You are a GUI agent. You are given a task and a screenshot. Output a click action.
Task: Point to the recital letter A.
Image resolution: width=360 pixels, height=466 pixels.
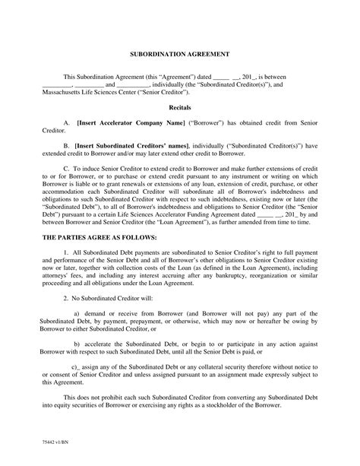[x=67, y=122]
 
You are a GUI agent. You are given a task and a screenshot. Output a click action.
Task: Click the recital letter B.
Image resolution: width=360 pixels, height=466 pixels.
[x=67, y=144]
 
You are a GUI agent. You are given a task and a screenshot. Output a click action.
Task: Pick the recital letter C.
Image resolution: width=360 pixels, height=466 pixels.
[x=67, y=166]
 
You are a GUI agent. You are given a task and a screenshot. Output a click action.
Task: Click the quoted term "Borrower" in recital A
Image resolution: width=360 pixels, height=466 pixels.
[x=207, y=122]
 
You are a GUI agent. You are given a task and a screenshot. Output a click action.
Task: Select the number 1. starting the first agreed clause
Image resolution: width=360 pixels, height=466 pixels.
[x=67, y=251]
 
